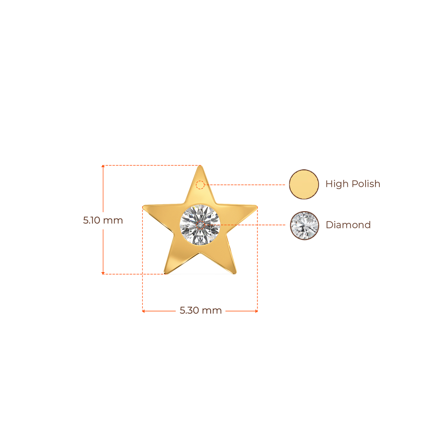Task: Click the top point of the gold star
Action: pyautogui.click(x=201, y=167)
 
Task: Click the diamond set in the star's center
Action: pyautogui.click(x=200, y=225)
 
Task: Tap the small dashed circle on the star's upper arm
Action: pyautogui.click(x=200, y=185)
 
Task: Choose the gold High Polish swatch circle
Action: pyautogui.click(x=304, y=184)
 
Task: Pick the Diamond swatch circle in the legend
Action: pyautogui.click(x=305, y=225)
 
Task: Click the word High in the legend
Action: pyautogui.click(x=336, y=184)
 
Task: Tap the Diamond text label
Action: pyautogui.click(x=348, y=225)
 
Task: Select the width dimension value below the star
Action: pyautogui.click(x=189, y=311)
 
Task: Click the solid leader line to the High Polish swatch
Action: pyautogui.click(x=247, y=185)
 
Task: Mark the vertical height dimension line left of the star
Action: pyautogui.click(x=103, y=251)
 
